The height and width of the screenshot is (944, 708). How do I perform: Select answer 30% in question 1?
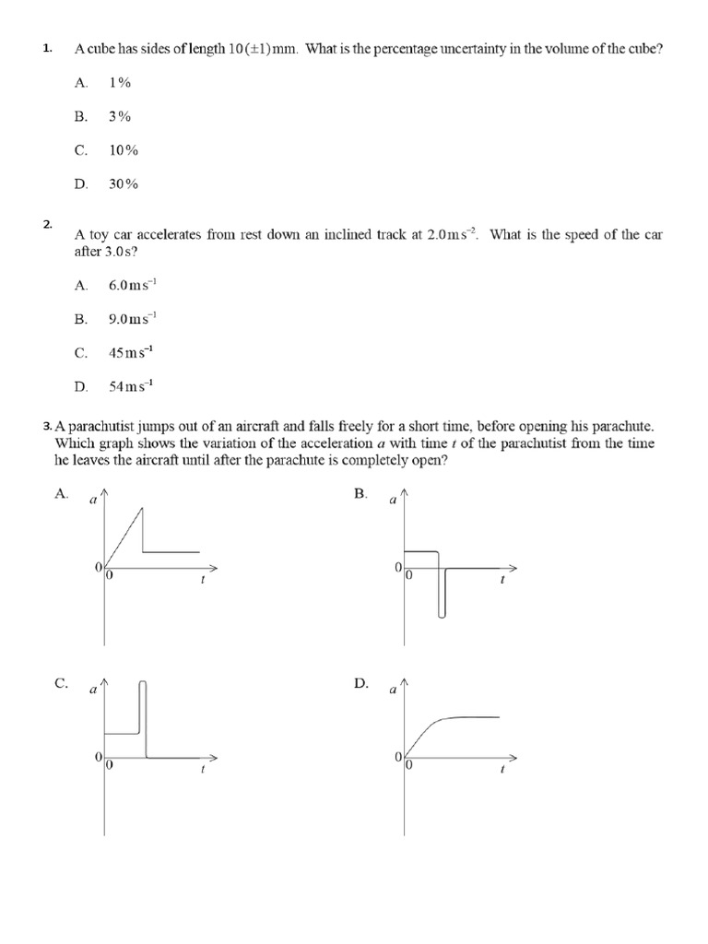[x=123, y=183]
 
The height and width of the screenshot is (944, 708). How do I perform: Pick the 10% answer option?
[x=123, y=150]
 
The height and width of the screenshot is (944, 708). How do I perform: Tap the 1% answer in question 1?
[x=120, y=83]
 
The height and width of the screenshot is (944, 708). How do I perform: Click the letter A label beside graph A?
[x=61, y=494]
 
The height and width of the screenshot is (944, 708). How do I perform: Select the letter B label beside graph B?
[x=360, y=494]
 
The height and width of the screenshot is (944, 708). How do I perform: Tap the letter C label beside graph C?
[x=61, y=683]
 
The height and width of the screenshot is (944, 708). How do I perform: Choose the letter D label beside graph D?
[x=360, y=683]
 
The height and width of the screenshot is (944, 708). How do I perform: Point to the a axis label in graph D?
[x=393, y=690]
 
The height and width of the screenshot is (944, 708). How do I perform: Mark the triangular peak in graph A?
[x=140, y=509]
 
